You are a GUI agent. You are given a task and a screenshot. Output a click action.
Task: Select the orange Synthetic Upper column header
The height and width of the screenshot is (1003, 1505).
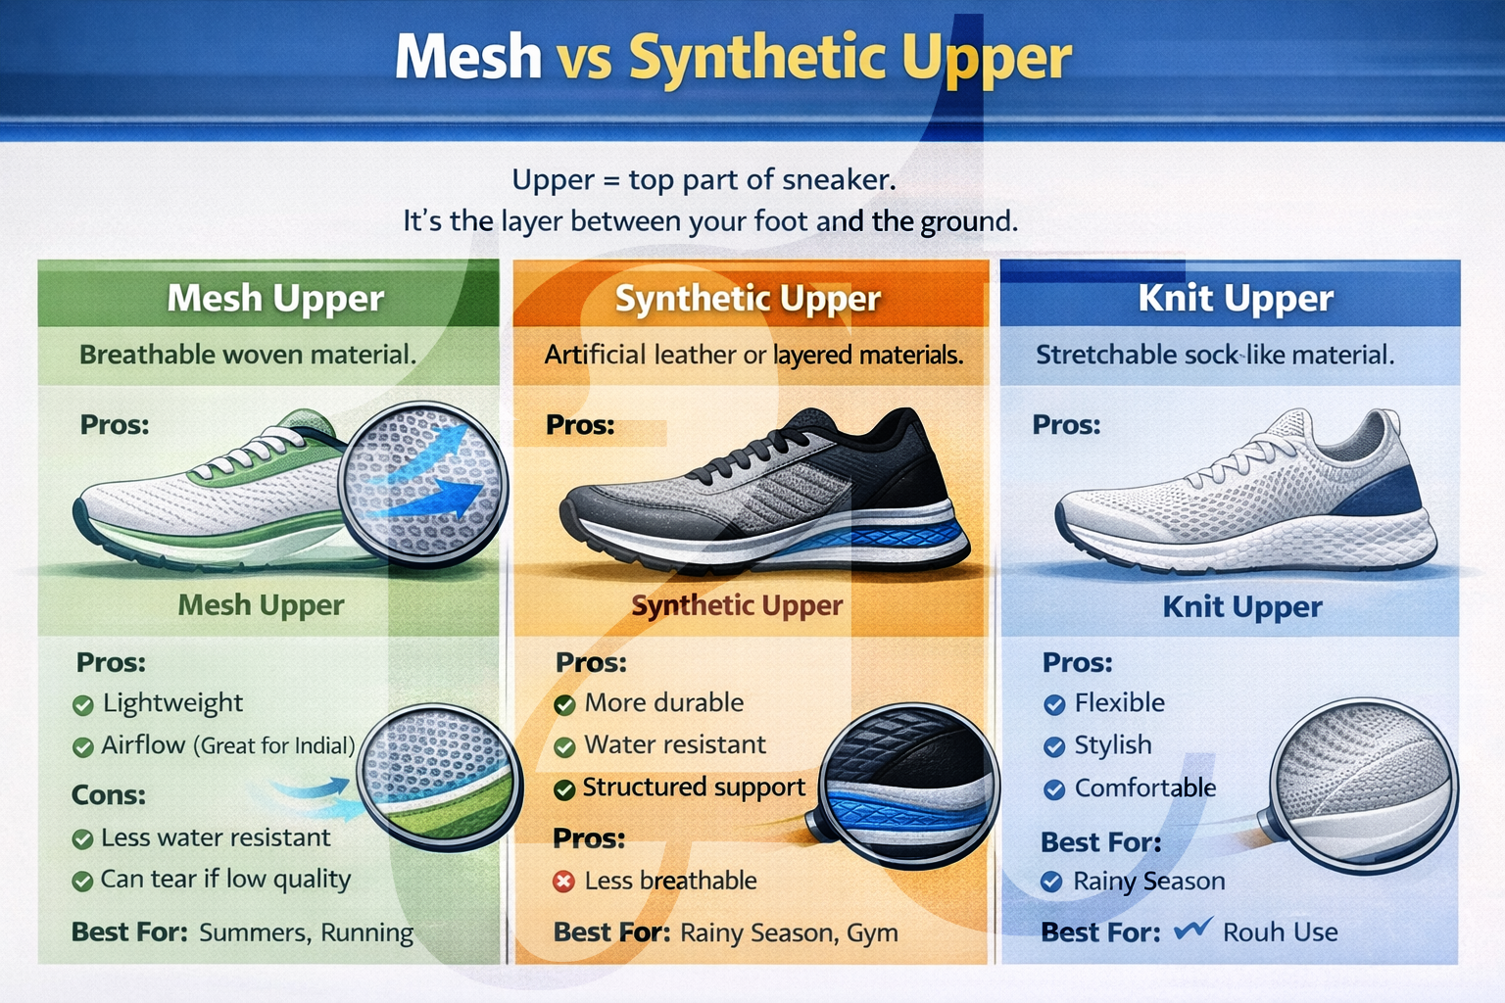(748, 298)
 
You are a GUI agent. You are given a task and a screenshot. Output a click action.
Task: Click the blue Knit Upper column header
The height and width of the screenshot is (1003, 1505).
(1235, 298)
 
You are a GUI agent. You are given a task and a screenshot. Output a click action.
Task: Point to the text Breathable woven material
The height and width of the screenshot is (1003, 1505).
(248, 355)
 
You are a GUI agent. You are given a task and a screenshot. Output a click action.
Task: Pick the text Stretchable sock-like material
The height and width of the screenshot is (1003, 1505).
(1214, 355)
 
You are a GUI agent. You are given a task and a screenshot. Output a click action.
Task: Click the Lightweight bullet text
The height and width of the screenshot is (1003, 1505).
(172, 703)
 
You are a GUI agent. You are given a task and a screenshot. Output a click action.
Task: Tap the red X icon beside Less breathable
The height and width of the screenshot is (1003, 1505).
(563, 882)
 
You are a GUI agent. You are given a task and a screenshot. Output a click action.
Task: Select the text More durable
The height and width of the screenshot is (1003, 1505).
(663, 703)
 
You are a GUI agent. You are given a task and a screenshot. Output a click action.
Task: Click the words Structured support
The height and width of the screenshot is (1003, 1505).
(694, 788)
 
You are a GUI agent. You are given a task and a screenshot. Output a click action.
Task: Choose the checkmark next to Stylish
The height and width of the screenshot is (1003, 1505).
(1054, 747)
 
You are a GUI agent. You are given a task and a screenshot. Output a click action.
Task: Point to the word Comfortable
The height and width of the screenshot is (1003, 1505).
(1144, 788)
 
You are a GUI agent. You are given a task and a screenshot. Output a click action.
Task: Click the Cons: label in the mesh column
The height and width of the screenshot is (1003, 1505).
(109, 795)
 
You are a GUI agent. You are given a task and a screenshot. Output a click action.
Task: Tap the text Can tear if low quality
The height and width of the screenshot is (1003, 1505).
(225, 880)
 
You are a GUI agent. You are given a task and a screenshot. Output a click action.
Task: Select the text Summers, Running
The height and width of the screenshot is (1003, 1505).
(306, 932)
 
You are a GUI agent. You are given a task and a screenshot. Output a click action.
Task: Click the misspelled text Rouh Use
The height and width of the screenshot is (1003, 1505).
(1280, 932)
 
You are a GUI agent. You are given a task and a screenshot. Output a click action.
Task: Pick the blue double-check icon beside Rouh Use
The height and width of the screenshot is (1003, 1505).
(1192, 929)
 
